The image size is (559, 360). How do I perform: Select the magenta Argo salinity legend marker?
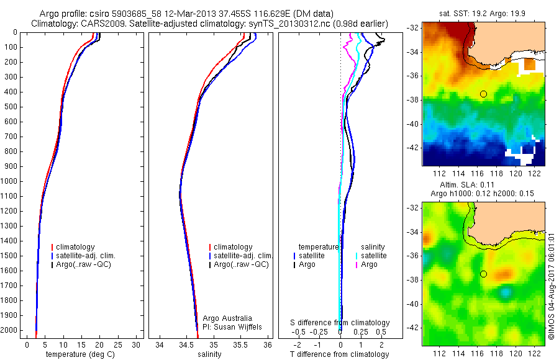(x=356, y=264)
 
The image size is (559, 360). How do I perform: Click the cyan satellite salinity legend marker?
(x=356, y=256)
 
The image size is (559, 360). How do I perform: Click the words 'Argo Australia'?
(x=228, y=317)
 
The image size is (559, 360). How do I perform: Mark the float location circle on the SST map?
(x=483, y=94)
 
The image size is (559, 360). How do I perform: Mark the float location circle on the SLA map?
(x=483, y=274)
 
